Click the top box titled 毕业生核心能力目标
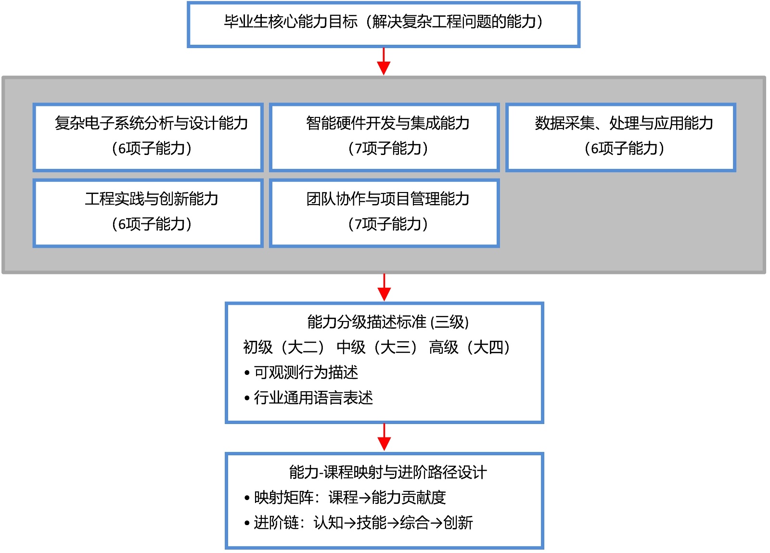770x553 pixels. click(383, 25)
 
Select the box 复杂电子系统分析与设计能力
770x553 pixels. click(148, 137)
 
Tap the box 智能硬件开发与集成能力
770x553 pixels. click(384, 137)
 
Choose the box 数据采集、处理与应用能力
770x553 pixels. click(621, 137)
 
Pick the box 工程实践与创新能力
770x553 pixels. click(148, 213)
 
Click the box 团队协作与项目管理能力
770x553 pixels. click(384, 213)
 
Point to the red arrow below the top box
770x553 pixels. click(384, 62)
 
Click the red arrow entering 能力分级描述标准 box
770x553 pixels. click(384, 288)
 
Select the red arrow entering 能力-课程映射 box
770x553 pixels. click(384, 437)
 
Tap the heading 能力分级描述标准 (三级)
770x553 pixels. click(388, 322)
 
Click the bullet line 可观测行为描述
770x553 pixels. click(306, 373)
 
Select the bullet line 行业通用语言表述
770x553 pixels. click(313, 398)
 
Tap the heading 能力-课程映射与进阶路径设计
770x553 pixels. click(388, 472)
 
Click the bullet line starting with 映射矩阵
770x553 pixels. click(350, 498)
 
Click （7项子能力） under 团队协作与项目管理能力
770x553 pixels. click(388, 224)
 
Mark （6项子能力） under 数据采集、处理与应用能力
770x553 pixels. click(624, 149)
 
